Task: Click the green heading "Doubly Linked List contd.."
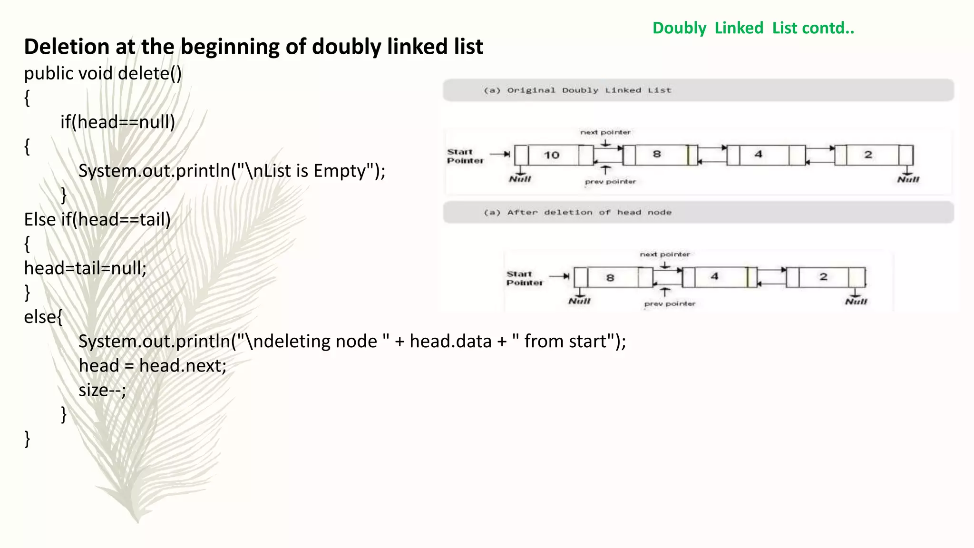(753, 28)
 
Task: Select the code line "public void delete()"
(103, 73)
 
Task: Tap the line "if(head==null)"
(117, 122)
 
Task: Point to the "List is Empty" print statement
(232, 171)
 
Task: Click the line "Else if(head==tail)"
(97, 220)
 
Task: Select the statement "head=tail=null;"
(86, 268)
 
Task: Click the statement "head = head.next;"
(153, 366)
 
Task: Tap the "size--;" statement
(102, 390)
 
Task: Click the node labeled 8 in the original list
(657, 155)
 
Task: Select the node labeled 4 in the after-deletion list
(714, 277)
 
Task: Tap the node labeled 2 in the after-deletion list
(823, 277)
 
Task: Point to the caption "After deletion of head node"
(589, 213)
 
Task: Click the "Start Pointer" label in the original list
(465, 156)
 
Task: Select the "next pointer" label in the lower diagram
(664, 254)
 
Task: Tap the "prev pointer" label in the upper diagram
(610, 182)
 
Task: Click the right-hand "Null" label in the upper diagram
(908, 179)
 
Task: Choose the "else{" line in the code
(43, 317)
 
